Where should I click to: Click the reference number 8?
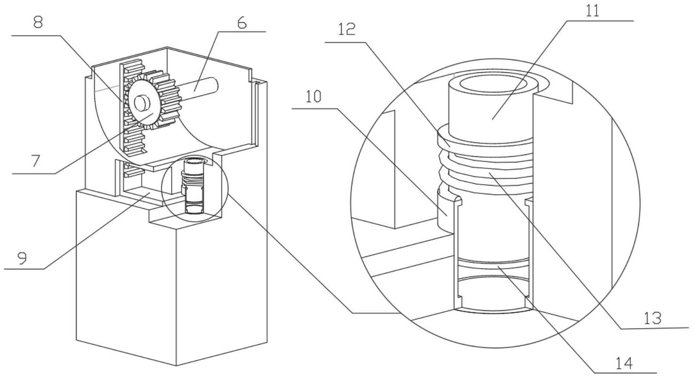(x=38, y=23)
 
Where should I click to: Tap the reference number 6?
(x=242, y=23)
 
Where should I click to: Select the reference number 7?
(x=36, y=161)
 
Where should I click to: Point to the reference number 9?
(x=22, y=258)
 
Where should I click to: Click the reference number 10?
(x=314, y=97)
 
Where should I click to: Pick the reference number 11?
(x=592, y=10)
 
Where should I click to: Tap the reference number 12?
(x=346, y=30)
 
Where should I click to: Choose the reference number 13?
(x=653, y=318)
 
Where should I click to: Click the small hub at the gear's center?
(x=142, y=103)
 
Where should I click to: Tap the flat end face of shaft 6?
(x=214, y=84)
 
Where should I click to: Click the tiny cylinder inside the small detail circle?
(x=193, y=186)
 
